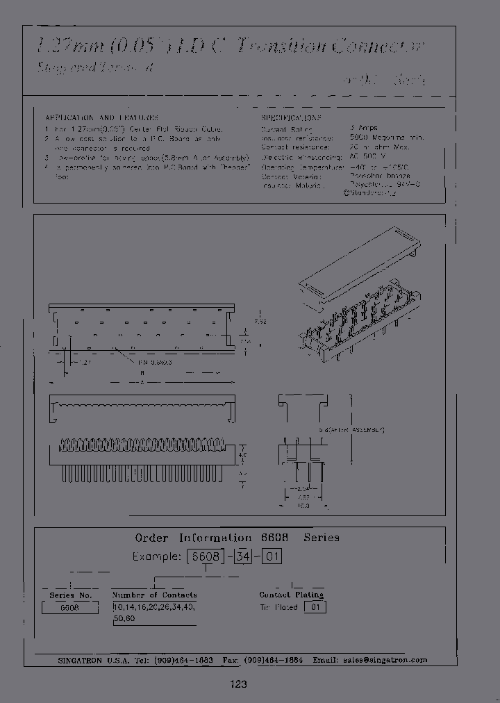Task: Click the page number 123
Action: tap(238, 684)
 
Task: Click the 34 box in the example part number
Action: tap(242, 556)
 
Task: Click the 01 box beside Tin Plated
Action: tap(315, 607)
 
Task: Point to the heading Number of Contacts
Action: tap(154, 595)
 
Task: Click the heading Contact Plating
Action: tap(291, 595)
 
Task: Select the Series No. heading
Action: tap(70, 595)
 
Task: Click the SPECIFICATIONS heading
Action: tap(291, 118)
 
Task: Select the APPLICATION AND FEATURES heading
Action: tap(101, 118)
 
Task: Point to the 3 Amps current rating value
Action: tap(364, 129)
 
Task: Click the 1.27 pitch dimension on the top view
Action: tap(83, 363)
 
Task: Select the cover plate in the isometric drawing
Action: tap(358, 263)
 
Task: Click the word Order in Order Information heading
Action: tap(151, 538)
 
